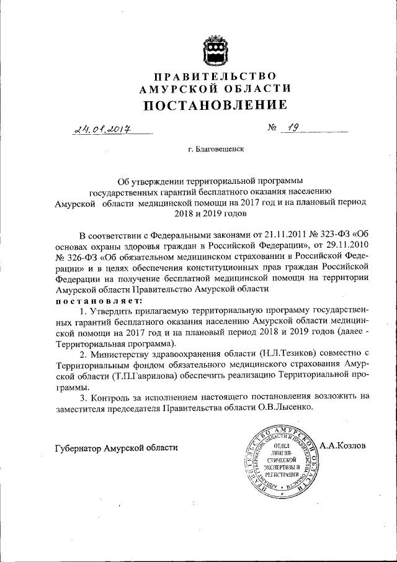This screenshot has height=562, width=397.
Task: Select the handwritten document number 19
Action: (x=292, y=129)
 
